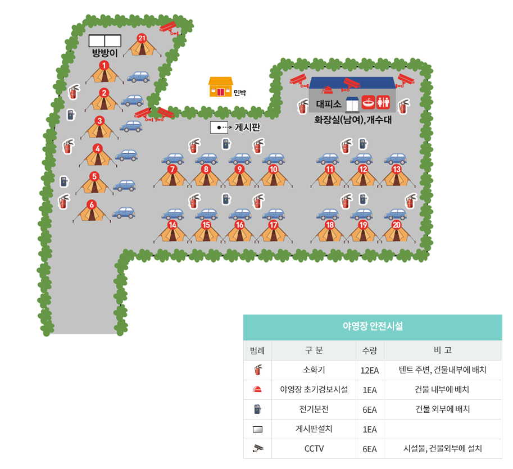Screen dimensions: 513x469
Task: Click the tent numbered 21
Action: [x=142, y=45]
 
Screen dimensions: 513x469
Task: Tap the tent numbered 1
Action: [x=104, y=73]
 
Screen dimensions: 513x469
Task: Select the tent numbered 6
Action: [x=92, y=211]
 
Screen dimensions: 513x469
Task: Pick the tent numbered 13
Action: [x=397, y=176]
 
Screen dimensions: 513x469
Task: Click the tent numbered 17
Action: [x=273, y=232]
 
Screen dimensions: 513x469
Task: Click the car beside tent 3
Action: [x=131, y=126]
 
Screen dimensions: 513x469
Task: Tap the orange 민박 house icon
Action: [x=220, y=86]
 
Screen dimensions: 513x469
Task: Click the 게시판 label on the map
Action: [x=247, y=128]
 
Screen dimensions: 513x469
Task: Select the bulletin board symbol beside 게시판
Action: [x=219, y=128]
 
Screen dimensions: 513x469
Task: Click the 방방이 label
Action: [x=105, y=53]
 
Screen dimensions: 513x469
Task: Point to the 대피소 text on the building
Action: [x=329, y=104]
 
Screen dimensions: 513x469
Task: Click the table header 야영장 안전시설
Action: [x=373, y=326]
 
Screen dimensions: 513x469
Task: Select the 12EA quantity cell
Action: [x=370, y=370]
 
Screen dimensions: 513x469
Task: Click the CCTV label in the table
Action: [x=314, y=449]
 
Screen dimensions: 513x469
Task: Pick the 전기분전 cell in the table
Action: [x=314, y=409]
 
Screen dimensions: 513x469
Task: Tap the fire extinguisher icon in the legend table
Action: [x=258, y=370]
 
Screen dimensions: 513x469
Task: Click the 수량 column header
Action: [x=370, y=350]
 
